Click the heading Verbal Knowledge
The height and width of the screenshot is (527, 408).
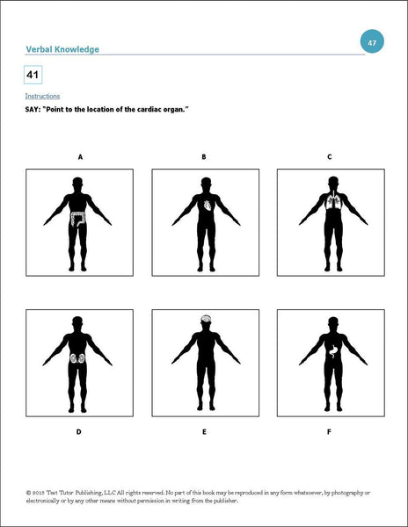61,49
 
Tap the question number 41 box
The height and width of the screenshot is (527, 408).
34,76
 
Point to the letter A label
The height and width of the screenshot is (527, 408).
80,157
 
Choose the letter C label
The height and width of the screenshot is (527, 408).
329,157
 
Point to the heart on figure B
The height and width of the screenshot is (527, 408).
208,205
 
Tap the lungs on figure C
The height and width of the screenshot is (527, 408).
329,203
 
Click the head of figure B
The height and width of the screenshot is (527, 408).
204,183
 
